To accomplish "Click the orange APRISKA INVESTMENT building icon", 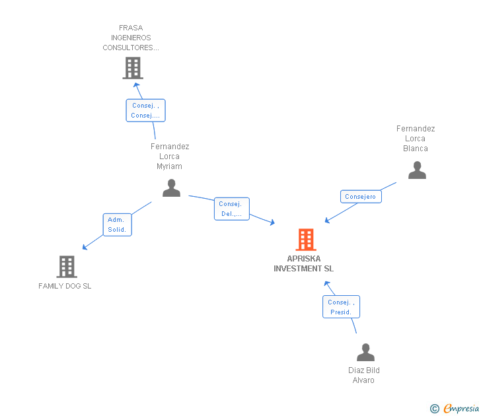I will (305, 240).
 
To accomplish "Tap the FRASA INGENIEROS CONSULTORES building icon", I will (133, 68).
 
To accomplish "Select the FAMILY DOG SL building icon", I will (67, 267).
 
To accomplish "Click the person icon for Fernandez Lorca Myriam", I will (171, 188).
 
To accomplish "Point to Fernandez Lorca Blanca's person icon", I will (417, 170).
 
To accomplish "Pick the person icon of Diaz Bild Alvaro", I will (365, 352).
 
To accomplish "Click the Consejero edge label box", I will (361, 196).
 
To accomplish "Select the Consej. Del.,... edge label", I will (232, 209).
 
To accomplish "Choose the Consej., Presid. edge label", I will (341, 306).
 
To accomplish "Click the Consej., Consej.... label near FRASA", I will (145, 110).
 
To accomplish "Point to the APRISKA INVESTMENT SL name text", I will (304, 263).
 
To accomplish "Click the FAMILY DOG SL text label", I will (65, 286).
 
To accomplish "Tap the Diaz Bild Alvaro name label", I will (364, 375).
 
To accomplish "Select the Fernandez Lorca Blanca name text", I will (416, 139).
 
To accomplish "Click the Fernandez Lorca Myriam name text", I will (170, 156).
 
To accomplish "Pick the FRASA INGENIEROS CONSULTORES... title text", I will (131, 38).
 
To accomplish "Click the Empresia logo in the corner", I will (461, 409).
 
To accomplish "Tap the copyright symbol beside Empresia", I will (435, 409).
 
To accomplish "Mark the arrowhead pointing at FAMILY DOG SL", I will (85, 248).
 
